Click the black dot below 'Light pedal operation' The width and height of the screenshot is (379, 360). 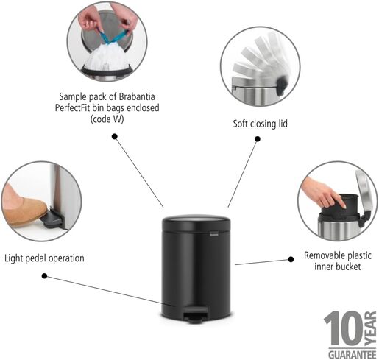click(44, 276)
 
